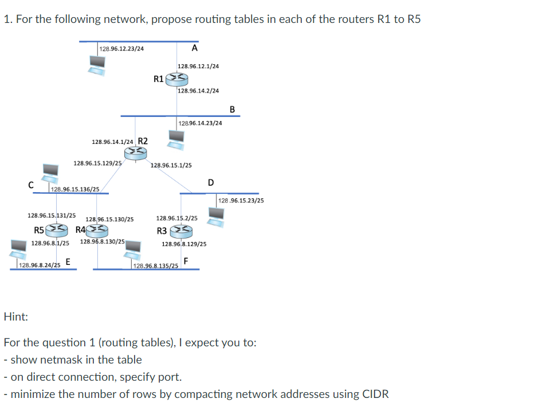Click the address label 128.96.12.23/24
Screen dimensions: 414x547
[121, 49]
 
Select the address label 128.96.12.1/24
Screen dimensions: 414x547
[198, 66]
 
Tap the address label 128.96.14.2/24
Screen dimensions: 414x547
[198, 91]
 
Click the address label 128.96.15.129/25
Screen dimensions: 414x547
[97, 163]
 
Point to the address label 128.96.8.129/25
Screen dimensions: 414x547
[184, 244]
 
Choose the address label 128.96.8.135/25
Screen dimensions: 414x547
[155, 265]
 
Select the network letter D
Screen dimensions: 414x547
[211, 183]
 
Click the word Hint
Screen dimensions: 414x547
[16, 316]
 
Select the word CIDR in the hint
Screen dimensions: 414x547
[376, 394]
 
